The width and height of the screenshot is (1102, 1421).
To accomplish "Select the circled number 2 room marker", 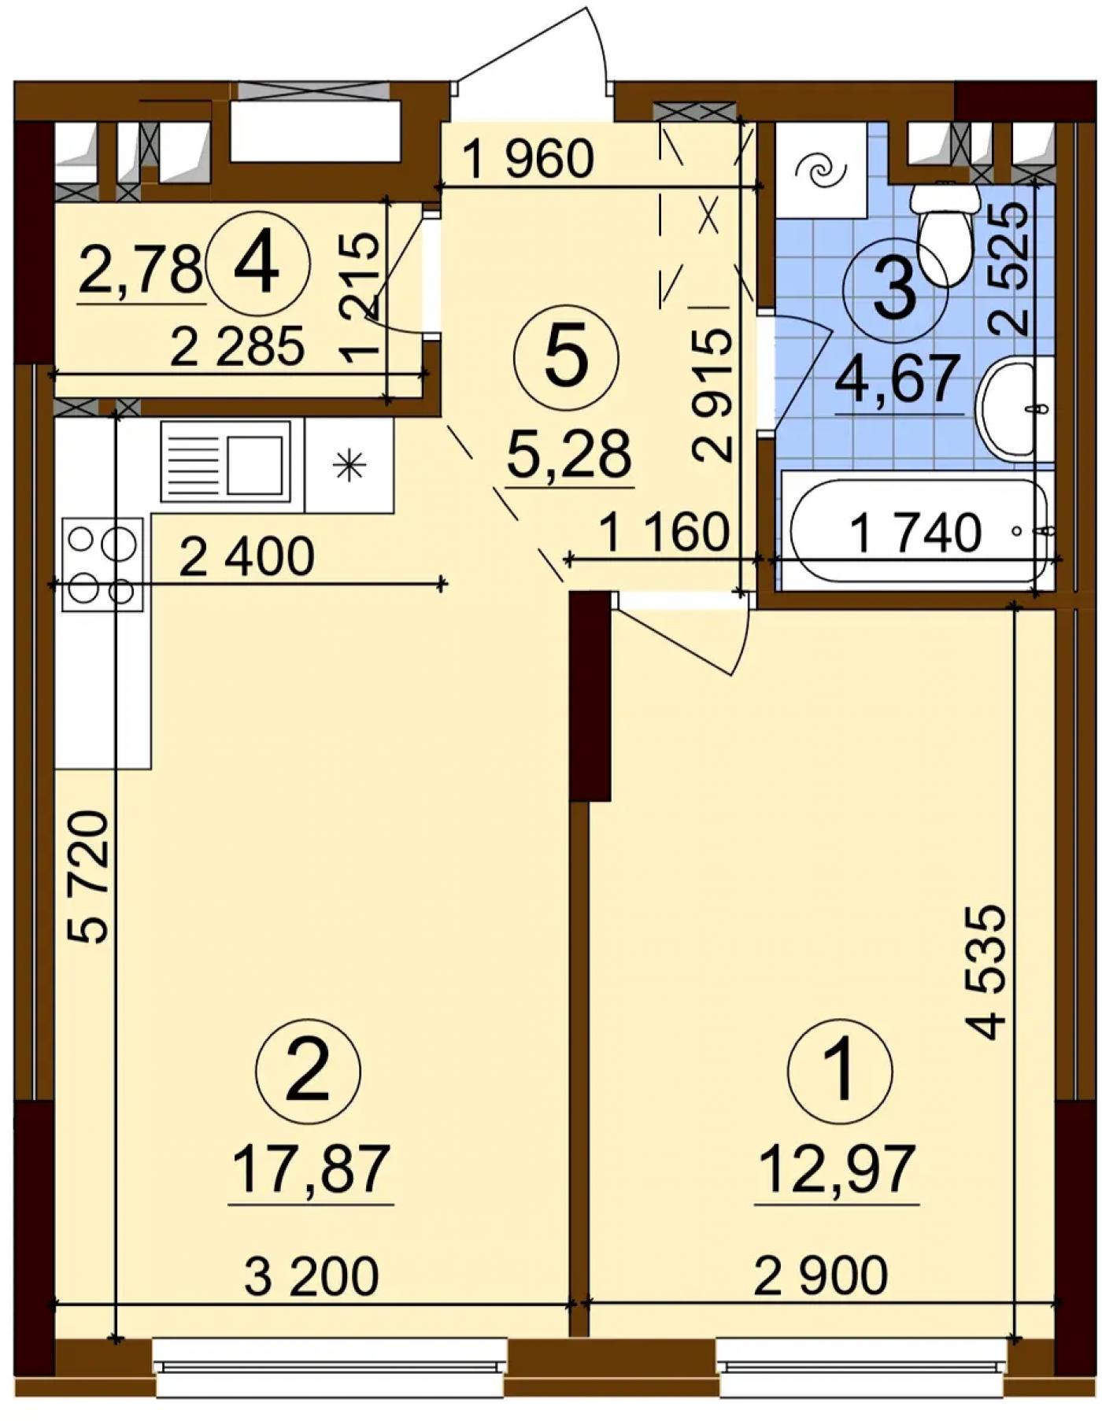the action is [x=309, y=1071].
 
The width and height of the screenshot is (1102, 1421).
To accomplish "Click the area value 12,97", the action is [x=837, y=1168].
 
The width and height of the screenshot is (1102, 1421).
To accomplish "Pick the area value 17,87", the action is [x=311, y=1168].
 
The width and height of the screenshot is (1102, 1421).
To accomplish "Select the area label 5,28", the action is [x=569, y=455].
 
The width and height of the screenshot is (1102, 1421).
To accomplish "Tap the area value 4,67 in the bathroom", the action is [x=898, y=379].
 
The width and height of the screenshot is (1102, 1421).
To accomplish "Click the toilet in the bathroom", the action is [x=945, y=233].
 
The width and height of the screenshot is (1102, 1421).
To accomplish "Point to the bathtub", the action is [x=919, y=530].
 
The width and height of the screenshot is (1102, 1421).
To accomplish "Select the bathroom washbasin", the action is [x=1015, y=407].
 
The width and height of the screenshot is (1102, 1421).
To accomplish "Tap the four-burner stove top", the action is [x=102, y=564].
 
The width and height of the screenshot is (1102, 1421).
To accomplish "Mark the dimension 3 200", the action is [x=312, y=1276].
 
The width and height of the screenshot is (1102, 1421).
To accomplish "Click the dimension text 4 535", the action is [x=987, y=972].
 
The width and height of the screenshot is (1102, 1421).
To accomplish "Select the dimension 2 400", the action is [x=247, y=557].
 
